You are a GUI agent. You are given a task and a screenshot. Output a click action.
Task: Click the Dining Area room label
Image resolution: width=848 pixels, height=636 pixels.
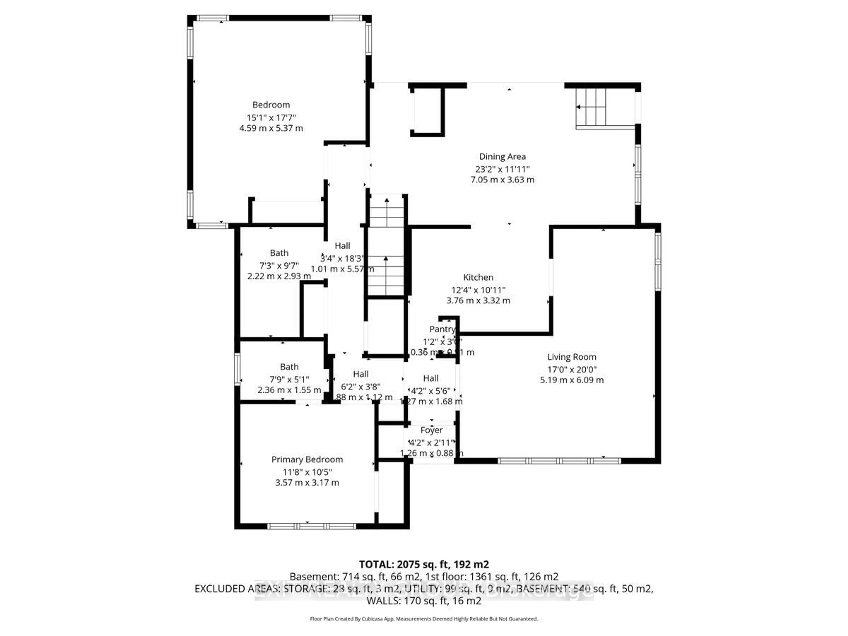pos(502,156)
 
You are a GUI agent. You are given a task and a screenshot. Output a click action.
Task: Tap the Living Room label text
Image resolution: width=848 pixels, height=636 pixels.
pos(572,357)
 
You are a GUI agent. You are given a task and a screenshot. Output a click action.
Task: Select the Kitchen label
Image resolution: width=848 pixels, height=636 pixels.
pos(478,277)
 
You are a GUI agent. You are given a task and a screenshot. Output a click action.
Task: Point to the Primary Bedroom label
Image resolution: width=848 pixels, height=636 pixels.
pos(307,459)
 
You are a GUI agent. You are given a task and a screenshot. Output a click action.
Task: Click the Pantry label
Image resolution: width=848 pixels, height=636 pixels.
pos(442,329)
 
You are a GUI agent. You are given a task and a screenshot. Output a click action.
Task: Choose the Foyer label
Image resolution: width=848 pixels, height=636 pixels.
pos(431,430)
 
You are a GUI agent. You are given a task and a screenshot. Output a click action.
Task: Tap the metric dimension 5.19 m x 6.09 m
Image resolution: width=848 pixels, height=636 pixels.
pos(572,380)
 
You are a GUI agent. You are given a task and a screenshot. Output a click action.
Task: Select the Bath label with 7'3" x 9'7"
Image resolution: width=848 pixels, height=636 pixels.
pos(279,253)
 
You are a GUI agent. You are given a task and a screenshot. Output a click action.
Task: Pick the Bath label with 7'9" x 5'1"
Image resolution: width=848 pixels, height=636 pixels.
pos(289,367)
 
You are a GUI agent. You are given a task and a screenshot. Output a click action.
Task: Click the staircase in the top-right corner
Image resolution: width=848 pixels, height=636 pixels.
pos(590,107)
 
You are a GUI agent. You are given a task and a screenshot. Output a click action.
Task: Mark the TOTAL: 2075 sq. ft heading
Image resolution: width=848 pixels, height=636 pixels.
pos(424,564)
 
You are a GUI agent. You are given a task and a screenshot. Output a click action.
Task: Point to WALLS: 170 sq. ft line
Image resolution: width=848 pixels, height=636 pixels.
pos(424,601)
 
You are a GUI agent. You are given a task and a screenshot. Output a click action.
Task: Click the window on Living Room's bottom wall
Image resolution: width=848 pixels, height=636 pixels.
pos(559,461)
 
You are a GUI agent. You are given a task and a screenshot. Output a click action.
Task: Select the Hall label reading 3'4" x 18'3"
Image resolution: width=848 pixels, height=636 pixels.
pos(342,246)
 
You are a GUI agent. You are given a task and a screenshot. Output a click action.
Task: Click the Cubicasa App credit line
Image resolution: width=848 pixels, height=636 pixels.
pos(424,619)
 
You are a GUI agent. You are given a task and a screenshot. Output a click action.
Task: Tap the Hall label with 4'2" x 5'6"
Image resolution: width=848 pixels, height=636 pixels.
pos(431,378)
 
